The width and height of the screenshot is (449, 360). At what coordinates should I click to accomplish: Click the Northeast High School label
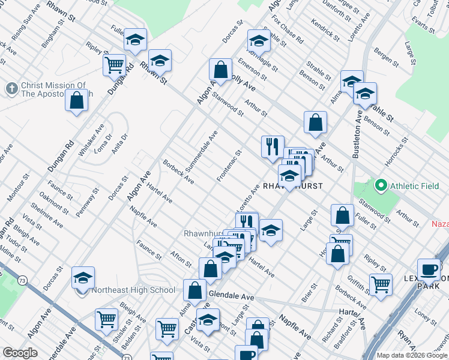[x=134, y=290]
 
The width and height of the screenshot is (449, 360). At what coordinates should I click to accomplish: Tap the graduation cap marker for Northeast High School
[x=83, y=279]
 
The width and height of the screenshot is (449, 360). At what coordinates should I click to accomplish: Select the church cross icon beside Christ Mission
[x=11, y=89]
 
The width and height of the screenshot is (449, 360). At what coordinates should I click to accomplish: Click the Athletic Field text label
[x=415, y=187]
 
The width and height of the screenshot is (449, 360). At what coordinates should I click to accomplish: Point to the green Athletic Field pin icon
[x=381, y=187]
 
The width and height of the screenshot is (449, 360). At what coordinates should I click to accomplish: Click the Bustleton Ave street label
[x=358, y=136]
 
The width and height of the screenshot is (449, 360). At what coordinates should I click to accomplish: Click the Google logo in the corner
[x=19, y=353]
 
